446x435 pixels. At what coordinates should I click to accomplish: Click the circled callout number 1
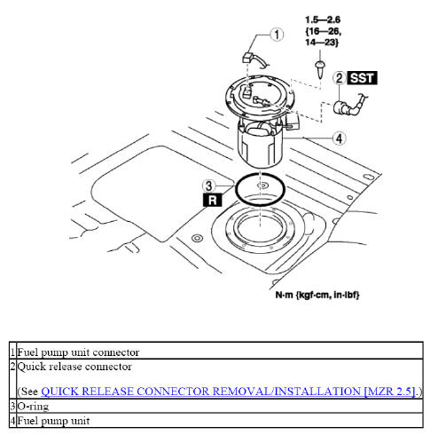click(278, 36)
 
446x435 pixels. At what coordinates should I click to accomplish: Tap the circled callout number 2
click(339, 79)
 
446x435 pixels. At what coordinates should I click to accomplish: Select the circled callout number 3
click(208, 186)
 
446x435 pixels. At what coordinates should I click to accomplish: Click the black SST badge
click(363, 79)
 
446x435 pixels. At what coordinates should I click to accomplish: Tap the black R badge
click(211, 201)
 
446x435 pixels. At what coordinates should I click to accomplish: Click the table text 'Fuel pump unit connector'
click(79, 352)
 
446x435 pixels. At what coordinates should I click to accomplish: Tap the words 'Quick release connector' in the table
click(74, 366)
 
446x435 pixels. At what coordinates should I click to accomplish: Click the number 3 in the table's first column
click(12, 406)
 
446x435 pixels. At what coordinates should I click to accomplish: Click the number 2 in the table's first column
click(12, 366)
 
